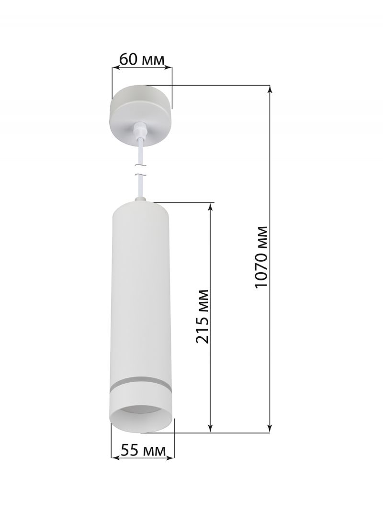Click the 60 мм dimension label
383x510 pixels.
pos(142,59)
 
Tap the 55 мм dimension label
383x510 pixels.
pos(143,451)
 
